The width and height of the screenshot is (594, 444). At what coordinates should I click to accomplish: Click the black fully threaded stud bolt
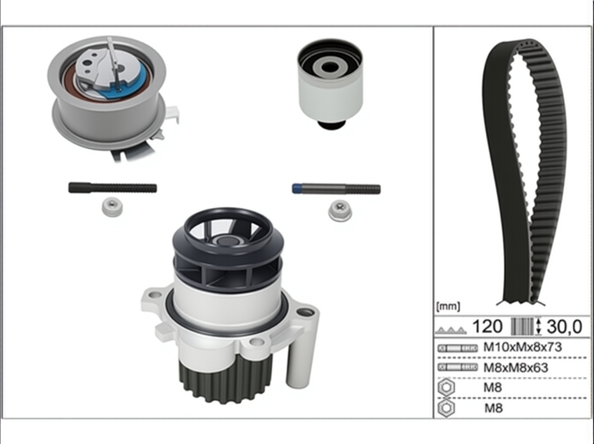112,188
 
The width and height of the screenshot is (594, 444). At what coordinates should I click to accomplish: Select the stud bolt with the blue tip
336,189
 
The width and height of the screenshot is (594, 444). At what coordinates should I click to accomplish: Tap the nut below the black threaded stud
112,207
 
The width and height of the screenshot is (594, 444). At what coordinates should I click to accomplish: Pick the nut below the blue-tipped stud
340,211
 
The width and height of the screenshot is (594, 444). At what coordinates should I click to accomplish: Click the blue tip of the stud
296,188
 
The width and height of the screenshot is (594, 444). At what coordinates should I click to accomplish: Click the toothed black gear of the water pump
225,382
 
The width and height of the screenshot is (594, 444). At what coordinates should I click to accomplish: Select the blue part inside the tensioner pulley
127,84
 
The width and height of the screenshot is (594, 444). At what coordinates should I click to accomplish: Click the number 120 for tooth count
487,326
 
